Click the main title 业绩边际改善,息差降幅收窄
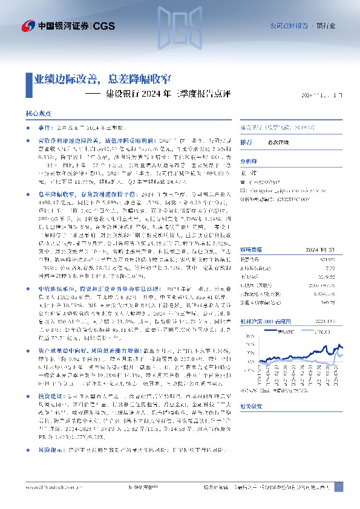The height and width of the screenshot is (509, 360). point(102,80)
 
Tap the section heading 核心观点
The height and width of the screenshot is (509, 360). point(38,113)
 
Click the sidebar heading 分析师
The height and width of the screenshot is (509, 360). point(249,161)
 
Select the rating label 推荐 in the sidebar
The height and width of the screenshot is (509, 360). point(246,142)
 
